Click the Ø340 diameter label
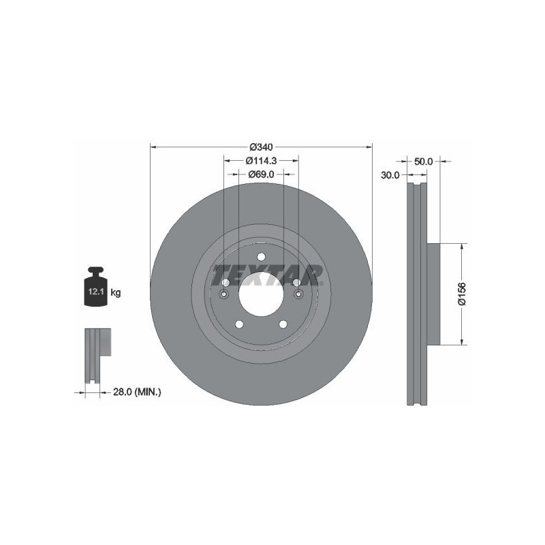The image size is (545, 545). pos(261,147)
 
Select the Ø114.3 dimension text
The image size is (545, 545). pos(261,161)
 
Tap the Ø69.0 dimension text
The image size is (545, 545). pos(261,174)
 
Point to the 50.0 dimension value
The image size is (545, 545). pos(423,161)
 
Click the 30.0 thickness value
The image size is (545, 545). pos(390,175)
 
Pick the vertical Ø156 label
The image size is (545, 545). pos(462,294)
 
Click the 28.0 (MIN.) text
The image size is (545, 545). pos(137,392)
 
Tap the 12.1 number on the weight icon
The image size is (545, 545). pos(96,292)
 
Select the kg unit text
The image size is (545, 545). pos(116,293)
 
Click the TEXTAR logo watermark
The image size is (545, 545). pos(268,275)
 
